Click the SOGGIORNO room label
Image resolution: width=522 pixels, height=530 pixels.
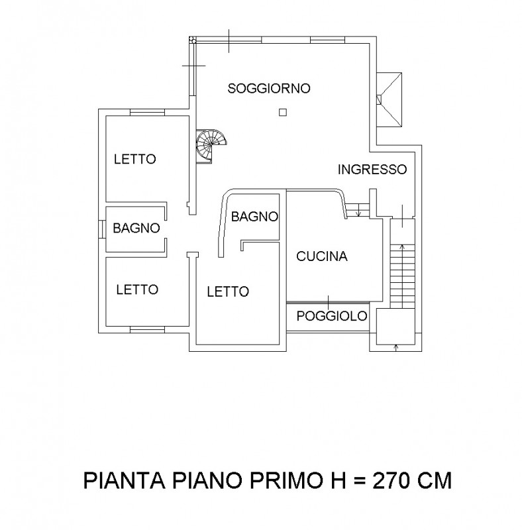click(269, 88)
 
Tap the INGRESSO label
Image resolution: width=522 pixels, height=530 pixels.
click(372, 169)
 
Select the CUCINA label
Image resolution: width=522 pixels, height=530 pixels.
click(322, 256)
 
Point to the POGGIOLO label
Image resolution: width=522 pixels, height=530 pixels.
click(331, 316)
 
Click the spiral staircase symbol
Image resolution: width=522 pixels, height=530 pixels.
click(213, 142)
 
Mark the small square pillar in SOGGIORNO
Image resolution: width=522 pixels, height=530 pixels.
click(283, 113)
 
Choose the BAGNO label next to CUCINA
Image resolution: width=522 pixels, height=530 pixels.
click(254, 216)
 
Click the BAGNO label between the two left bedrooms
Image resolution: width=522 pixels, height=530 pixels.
click(136, 228)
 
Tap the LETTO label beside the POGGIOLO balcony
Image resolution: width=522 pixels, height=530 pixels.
click(227, 291)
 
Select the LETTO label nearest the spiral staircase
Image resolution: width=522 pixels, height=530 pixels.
click(134, 159)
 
